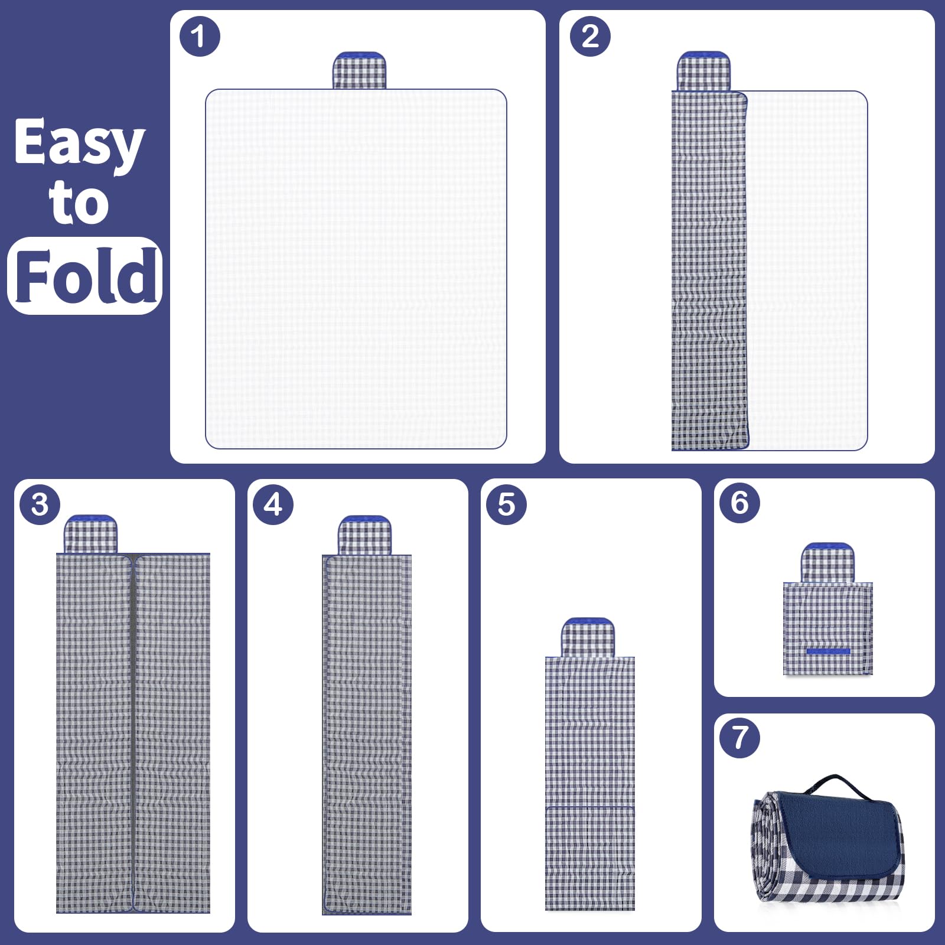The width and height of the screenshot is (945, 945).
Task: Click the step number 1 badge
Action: (200, 36)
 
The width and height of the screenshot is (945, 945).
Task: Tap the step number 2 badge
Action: (590, 36)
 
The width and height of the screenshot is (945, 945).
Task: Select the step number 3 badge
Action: (40, 504)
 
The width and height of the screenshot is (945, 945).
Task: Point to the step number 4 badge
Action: (273, 504)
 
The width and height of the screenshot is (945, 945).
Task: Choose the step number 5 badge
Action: (506, 504)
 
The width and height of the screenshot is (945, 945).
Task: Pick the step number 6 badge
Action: (739, 503)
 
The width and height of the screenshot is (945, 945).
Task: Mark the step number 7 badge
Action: (739, 738)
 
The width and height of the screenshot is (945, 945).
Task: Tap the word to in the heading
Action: (79, 203)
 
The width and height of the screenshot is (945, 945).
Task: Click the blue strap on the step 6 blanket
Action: (828, 651)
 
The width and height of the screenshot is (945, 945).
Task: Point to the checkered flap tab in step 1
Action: (359, 70)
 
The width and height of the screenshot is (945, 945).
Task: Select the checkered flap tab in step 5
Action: (588, 637)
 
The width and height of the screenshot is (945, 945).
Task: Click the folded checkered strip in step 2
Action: (710, 271)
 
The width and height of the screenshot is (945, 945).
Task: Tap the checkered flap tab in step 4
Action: (364, 535)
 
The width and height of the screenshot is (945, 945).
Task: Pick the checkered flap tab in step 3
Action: (90, 534)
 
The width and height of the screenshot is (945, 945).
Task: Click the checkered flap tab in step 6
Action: (827, 563)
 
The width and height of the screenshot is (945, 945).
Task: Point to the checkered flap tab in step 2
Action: (703, 71)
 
